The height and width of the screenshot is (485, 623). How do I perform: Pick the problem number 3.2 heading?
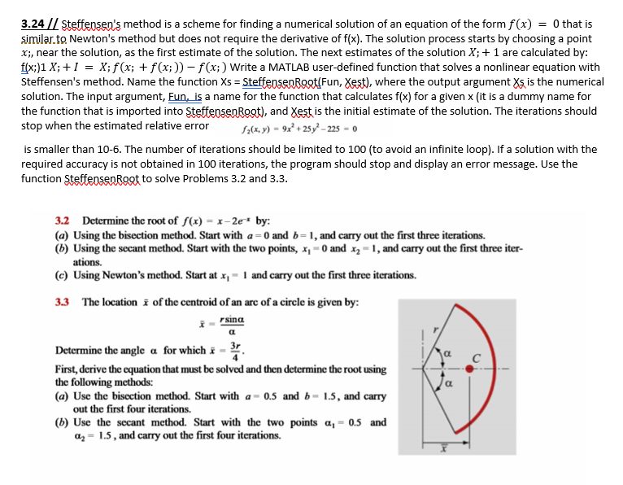point(64,221)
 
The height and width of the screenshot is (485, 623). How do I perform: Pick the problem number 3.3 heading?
point(64,302)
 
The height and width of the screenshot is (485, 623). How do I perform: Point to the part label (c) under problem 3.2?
point(63,275)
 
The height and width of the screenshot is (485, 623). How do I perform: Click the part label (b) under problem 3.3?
point(63,422)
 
